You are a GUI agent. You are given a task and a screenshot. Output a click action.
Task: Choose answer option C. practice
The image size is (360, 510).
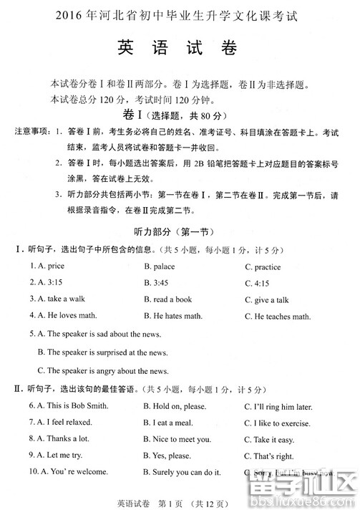coord(263,266)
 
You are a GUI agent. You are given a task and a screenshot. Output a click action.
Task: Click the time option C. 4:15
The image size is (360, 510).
coord(258,282)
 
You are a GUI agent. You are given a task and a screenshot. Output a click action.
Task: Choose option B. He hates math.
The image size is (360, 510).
coord(173,315)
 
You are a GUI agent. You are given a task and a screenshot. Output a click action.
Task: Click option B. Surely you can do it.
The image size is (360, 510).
coord(182,472)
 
